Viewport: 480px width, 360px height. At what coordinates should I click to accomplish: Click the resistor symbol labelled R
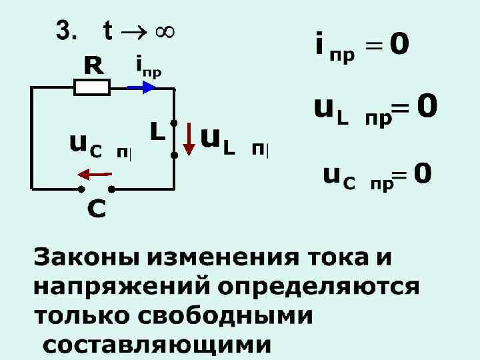pos(91,87)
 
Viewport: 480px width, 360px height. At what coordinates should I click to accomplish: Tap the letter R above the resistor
pos(93,65)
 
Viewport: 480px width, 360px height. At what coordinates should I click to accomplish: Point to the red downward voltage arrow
pos(189,138)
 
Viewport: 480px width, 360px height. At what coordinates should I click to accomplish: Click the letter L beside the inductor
pos(157,132)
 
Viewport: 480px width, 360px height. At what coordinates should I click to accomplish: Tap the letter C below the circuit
pos(96,210)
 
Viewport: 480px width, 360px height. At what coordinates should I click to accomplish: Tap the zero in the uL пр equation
pos(427,105)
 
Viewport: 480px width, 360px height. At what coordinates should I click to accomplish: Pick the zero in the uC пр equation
pos(422,175)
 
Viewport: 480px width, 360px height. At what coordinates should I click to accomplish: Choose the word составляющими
pos(157,345)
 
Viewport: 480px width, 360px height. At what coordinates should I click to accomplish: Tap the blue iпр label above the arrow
pos(148,66)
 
